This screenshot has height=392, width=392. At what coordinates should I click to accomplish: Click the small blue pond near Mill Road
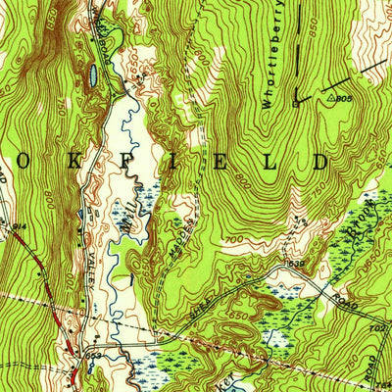point(90,74)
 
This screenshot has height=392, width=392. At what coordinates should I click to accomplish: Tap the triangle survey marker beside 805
point(319,99)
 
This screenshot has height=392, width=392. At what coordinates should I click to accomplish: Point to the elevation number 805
point(340,99)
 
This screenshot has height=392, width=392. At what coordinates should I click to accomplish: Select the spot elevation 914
point(17,227)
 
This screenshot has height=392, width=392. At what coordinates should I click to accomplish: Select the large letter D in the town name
point(319,161)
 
